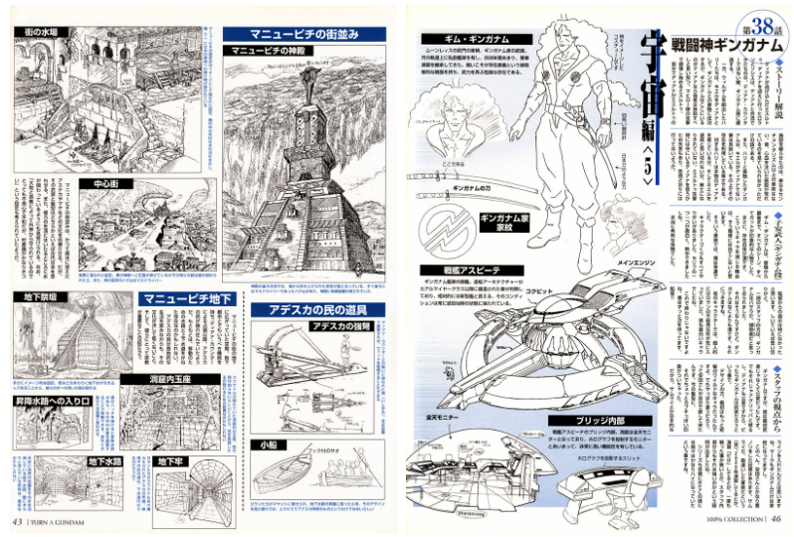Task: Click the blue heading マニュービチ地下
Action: tap(186, 297)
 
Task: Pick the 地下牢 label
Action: tap(172, 462)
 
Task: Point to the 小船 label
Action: tap(270, 444)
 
